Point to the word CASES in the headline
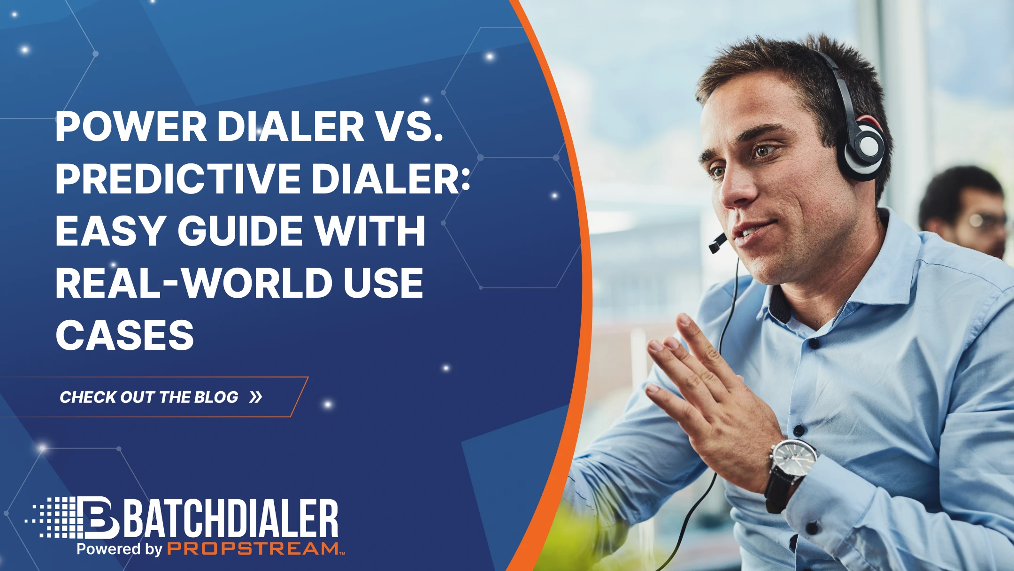click(124, 335)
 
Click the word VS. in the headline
click(410, 127)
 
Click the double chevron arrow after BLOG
click(256, 397)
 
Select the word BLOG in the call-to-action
click(216, 397)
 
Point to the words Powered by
click(119, 548)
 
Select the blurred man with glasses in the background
click(967, 211)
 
